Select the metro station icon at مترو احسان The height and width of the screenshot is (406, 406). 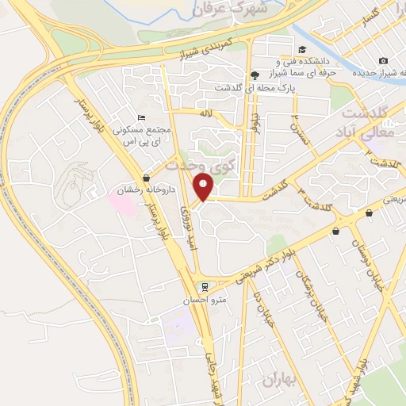(x=205, y=286)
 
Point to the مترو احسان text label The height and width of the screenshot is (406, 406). (x=210, y=299)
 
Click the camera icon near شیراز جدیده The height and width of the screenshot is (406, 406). (x=384, y=61)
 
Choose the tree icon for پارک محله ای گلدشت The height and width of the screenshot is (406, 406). (x=254, y=76)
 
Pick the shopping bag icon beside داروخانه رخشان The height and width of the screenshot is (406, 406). (x=147, y=178)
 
